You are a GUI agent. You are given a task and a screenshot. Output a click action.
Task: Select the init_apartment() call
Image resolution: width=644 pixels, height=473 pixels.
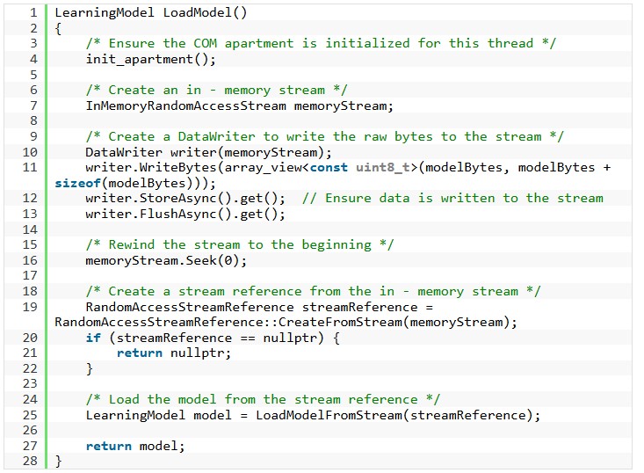[x=150, y=59]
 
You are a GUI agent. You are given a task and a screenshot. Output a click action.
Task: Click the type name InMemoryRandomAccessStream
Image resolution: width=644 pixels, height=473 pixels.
[x=185, y=106]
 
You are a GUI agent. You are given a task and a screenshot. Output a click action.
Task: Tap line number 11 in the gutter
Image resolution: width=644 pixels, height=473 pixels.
[x=30, y=167]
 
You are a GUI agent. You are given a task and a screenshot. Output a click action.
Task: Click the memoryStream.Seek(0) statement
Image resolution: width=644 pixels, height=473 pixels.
[x=166, y=260]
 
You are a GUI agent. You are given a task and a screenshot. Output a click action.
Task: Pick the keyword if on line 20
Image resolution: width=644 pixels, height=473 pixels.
[x=93, y=338]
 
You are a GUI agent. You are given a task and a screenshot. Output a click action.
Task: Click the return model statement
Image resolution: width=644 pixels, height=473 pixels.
[x=135, y=446]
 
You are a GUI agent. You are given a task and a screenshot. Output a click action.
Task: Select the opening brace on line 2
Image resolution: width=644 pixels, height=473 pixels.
[x=58, y=28]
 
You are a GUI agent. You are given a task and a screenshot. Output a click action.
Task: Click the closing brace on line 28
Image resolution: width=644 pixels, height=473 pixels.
[x=58, y=461]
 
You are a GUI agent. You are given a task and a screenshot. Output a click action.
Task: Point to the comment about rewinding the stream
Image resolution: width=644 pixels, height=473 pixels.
[x=240, y=244]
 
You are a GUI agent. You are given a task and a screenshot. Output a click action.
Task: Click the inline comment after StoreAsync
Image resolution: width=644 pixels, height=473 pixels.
[x=452, y=198]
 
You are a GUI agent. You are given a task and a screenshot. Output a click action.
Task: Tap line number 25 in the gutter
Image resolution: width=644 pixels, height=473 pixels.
[x=30, y=415]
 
